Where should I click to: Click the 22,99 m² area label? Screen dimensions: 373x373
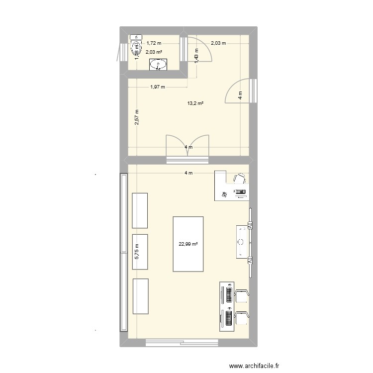tap(188, 244)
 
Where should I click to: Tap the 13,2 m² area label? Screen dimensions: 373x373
tap(195, 103)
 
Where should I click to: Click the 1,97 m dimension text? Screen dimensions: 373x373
tap(158, 87)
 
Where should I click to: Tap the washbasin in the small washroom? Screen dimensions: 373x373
tap(160, 65)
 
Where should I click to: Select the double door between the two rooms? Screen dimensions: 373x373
tap(187, 147)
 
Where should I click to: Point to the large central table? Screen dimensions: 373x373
tap(188, 244)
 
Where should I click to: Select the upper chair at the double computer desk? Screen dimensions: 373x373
tap(241, 295)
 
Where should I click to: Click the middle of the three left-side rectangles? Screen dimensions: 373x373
tap(140, 252)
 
